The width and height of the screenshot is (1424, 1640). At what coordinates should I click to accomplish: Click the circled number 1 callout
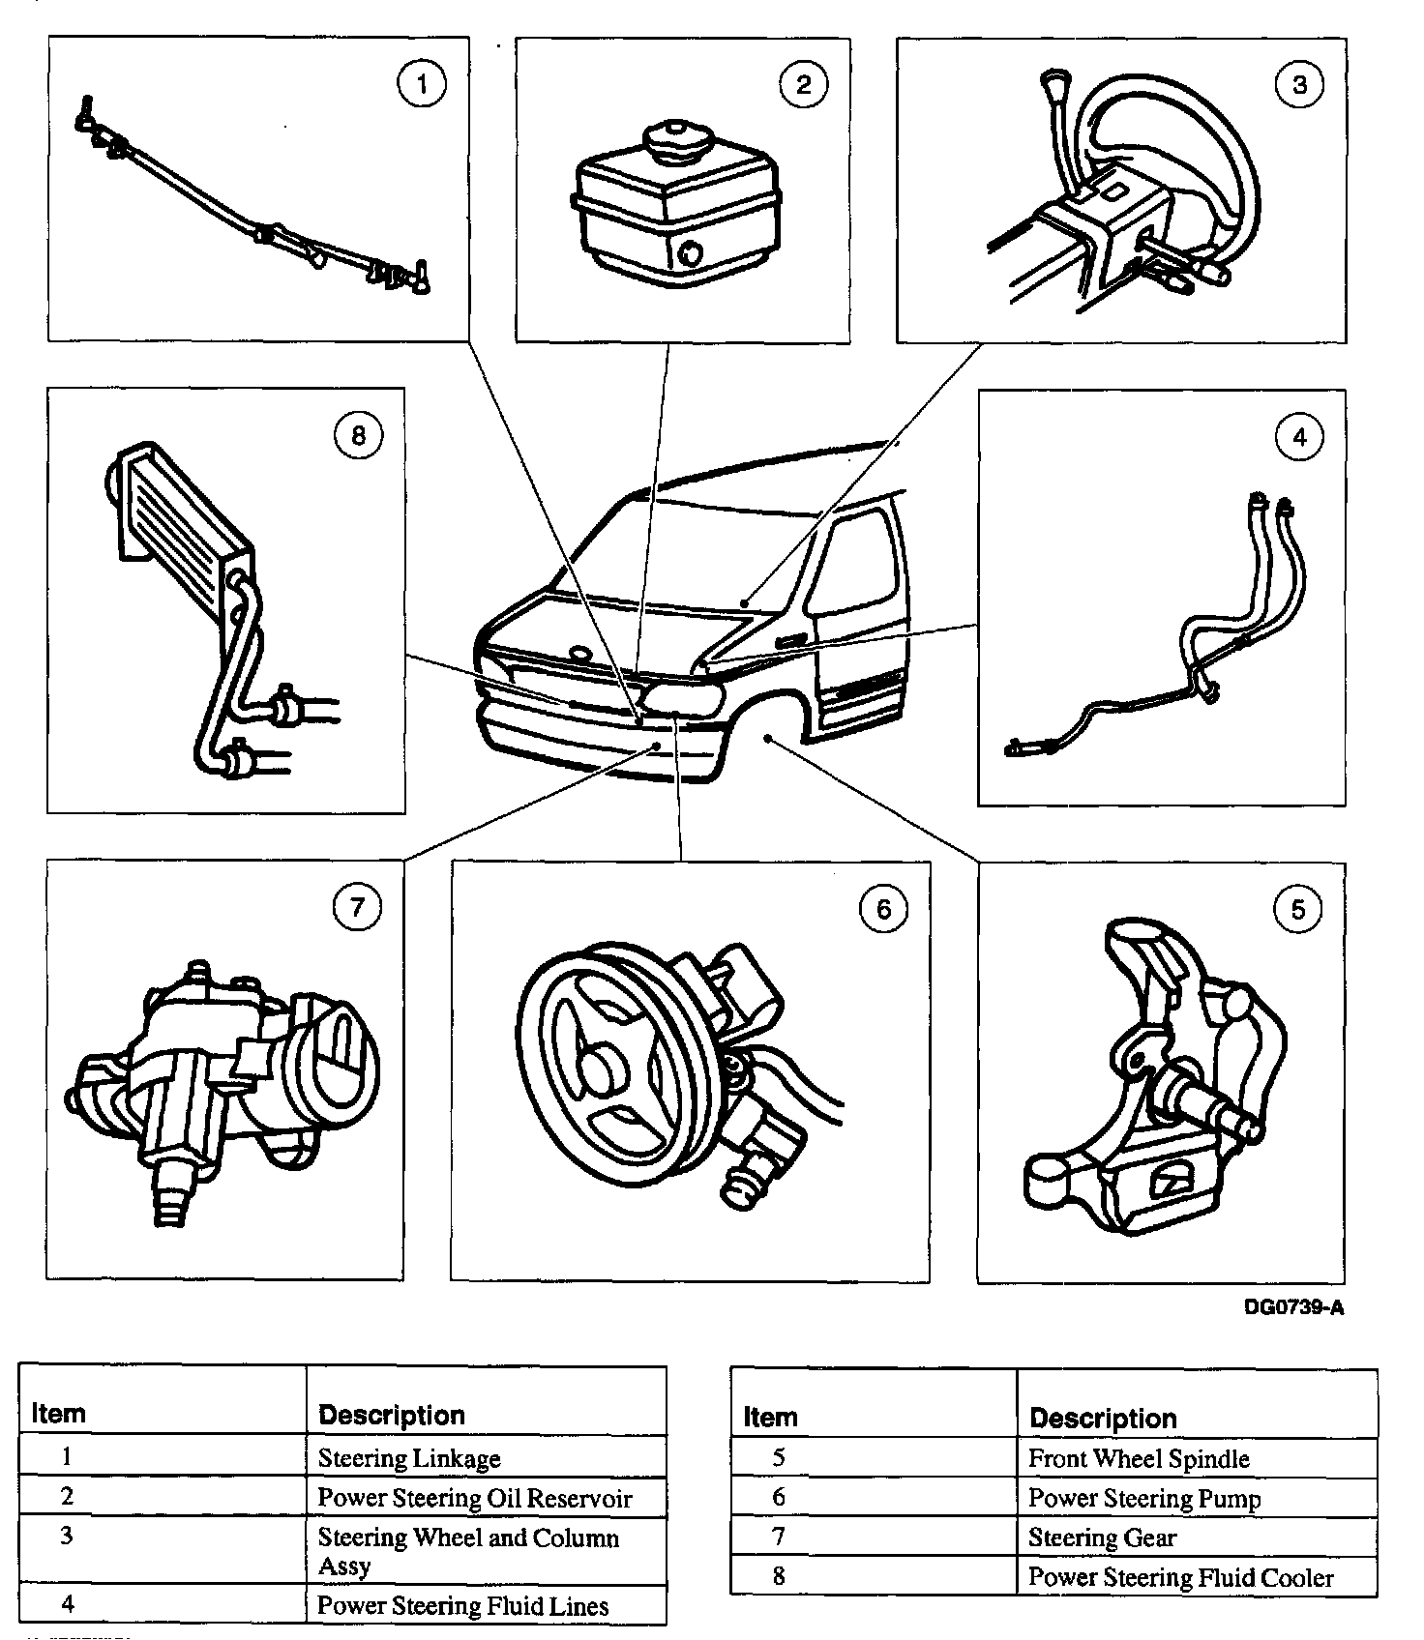point(421,85)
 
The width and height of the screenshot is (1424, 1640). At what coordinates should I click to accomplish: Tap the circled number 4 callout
point(1298,437)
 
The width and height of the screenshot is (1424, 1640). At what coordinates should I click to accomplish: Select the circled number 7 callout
point(357,908)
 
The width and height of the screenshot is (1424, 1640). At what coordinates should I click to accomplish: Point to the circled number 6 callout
point(882,909)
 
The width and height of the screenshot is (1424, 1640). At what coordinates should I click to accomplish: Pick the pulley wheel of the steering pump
point(605,1064)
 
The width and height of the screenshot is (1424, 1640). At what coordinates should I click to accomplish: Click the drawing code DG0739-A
point(1293,1307)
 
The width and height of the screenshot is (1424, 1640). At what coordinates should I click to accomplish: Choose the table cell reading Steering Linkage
point(409,1457)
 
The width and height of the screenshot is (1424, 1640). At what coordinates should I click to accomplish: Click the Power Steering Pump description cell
point(1143,1498)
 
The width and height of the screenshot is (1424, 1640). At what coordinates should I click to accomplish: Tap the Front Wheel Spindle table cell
point(1139,1458)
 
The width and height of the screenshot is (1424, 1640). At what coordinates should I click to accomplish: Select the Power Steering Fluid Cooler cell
point(1180,1577)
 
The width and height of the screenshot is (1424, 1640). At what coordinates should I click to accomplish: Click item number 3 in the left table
point(66,1536)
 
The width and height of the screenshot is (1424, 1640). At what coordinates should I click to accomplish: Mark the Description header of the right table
point(1103,1419)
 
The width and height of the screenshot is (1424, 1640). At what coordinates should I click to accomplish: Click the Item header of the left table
point(58,1414)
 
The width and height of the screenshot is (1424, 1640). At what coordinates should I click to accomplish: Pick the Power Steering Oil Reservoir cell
point(474,1498)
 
